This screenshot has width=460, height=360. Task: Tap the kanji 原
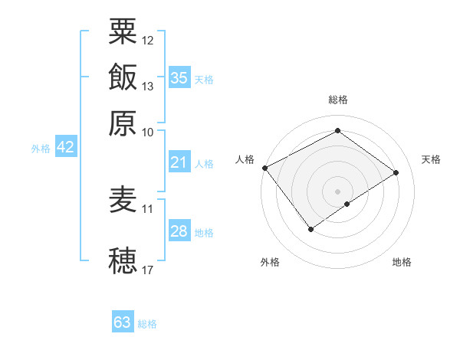[x=123, y=122]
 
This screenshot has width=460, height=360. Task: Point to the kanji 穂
[x=123, y=261]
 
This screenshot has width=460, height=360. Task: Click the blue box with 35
[x=179, y=77]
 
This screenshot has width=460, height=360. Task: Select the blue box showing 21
[x=179, y=162]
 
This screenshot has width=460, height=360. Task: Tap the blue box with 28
[x=179, y=231]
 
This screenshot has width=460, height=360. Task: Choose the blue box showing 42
[x=65, y=148]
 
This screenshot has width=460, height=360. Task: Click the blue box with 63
[x=123, y=322]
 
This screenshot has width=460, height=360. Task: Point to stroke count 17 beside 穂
[x=148, y=270]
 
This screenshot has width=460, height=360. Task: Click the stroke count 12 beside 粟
[x=148, y=40]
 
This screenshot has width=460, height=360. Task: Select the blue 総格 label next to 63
[x=148, y=324]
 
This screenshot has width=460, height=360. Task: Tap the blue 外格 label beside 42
[x=41, y=149]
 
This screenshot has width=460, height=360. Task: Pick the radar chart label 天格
[x=431, y=159]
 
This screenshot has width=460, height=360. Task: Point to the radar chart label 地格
[x=402, y=263]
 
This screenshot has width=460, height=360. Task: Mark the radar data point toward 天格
[x=396, y=173]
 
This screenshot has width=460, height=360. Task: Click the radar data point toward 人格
[x=264, y=167]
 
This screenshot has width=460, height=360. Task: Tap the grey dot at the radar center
[x=337, y=191]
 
